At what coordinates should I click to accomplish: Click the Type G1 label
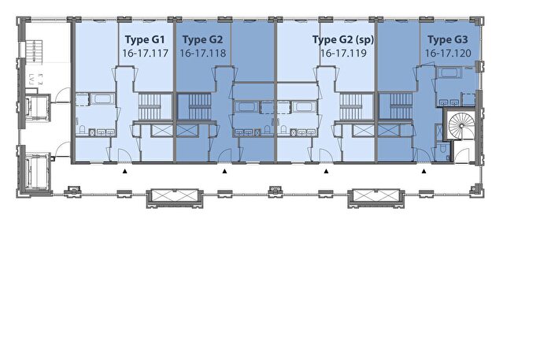tap(145, 39)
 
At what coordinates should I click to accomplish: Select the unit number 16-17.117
tap(145, 53)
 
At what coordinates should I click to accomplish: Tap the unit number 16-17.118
tap(203, 53)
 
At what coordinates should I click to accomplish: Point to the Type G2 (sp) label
tap(343, 39)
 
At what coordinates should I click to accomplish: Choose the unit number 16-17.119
tap(343, 53)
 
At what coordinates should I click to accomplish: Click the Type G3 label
tap(448, 39)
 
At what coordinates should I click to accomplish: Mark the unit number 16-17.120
tap(448, 53)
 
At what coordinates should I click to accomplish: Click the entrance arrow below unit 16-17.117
tap(124, 171)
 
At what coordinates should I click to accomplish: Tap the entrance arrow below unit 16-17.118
tap(224, 171)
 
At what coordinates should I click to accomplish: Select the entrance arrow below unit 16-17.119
tap(326, 171)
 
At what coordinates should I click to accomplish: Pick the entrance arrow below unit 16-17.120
tap(423, 171)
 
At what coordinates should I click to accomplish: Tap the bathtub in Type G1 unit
tap(102, 98)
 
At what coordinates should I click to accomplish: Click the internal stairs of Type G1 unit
tap(149, 106)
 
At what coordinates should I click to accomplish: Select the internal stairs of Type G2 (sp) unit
tap(351, 106)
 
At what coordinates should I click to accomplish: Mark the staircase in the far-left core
tap(35, 52)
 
